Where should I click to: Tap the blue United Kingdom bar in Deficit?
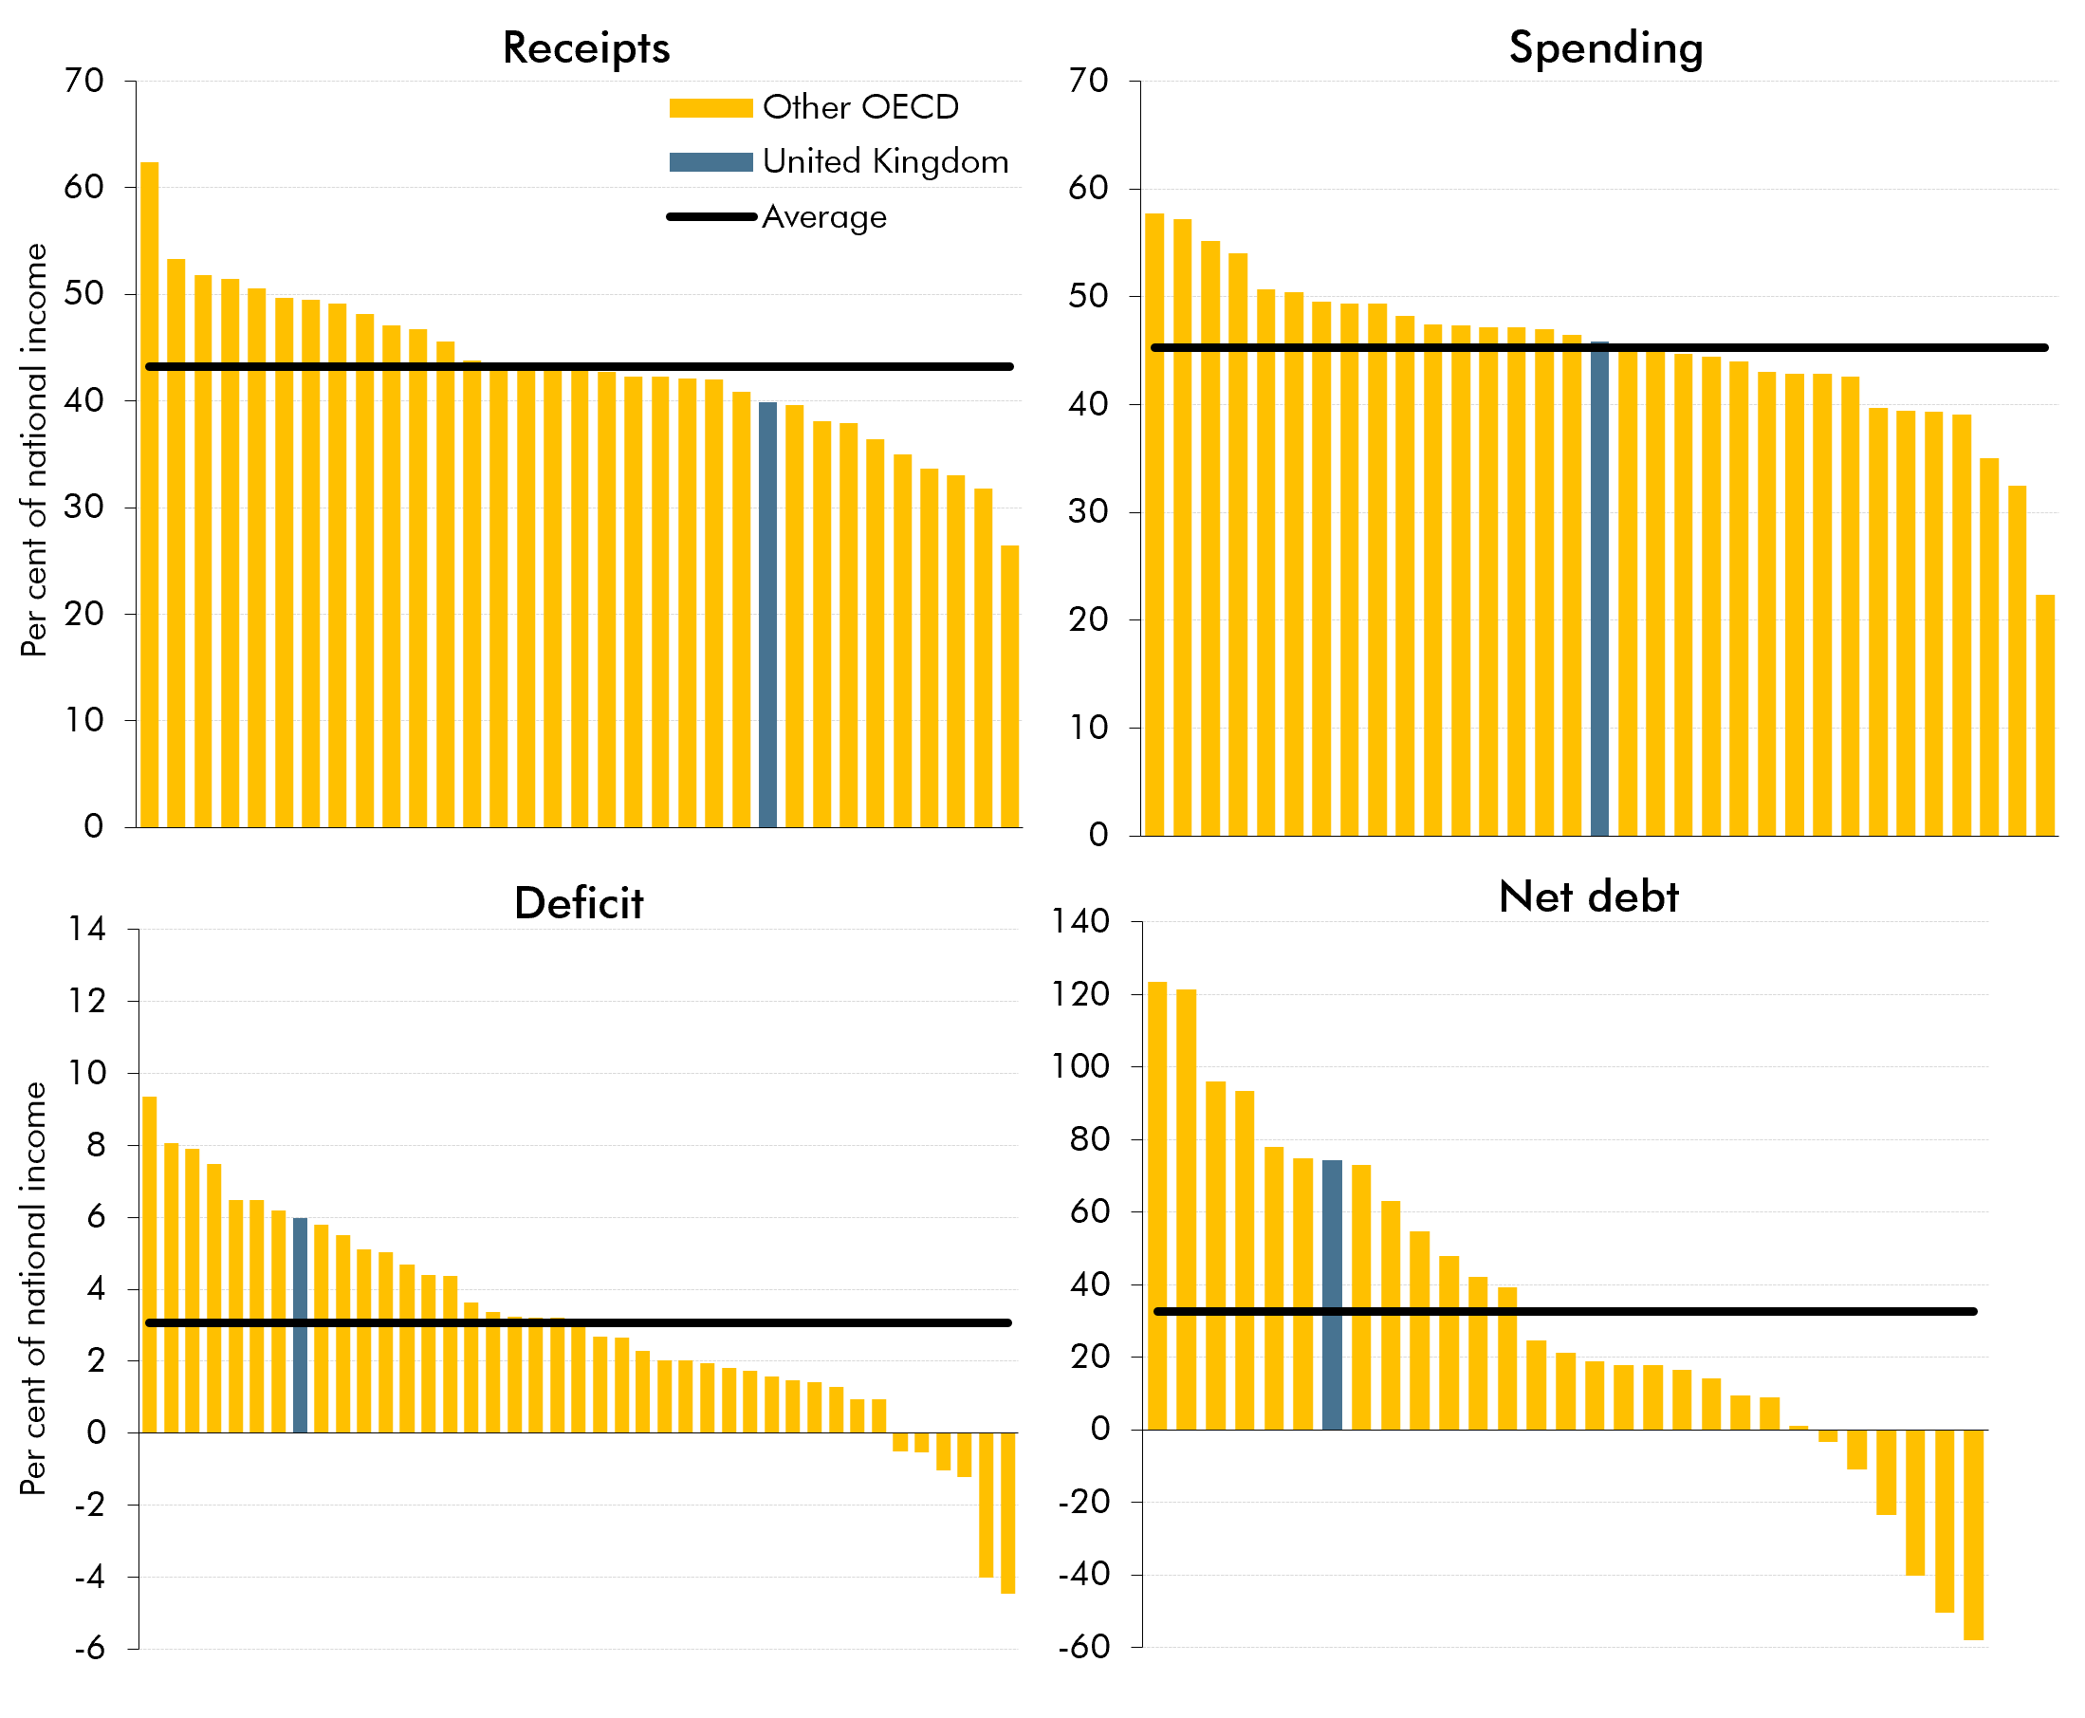tap(300, 1326)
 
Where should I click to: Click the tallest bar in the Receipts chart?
tap(150, 495)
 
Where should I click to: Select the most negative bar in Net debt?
tap(1972, 1534)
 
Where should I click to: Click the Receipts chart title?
tap(586, 47)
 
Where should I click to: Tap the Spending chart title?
tap(1605, 47)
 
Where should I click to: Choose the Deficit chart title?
tap(579, 903)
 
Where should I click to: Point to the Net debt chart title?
tap(1588, 896)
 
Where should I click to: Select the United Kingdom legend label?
tap(885, 161)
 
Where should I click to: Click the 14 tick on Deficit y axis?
tap(87, 929)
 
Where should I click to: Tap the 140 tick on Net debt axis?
tap(1080, 921)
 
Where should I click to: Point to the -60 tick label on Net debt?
tap(1084, 1647)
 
